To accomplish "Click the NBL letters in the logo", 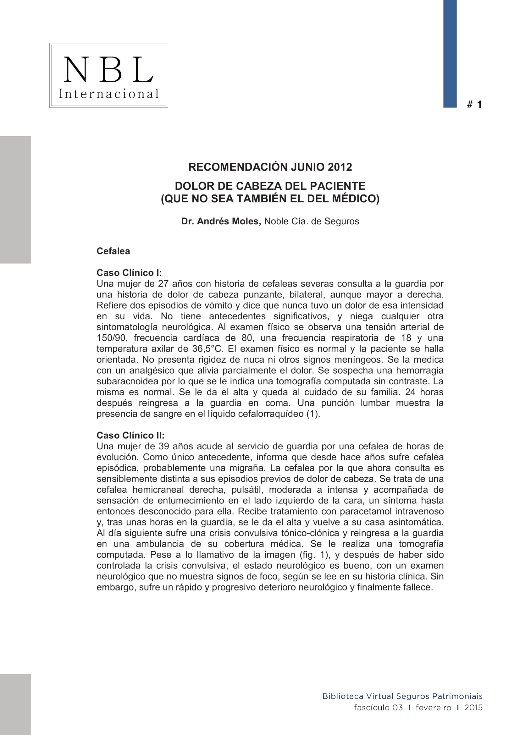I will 108,69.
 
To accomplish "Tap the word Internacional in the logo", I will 108,94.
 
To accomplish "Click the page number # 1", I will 474,104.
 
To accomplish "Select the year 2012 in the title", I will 340,167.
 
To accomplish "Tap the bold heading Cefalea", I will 113,251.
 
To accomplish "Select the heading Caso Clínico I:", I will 129,273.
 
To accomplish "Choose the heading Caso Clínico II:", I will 130,435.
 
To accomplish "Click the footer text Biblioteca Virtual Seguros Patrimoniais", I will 402,696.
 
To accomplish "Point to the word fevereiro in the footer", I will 434,707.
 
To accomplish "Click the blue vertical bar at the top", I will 450,53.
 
